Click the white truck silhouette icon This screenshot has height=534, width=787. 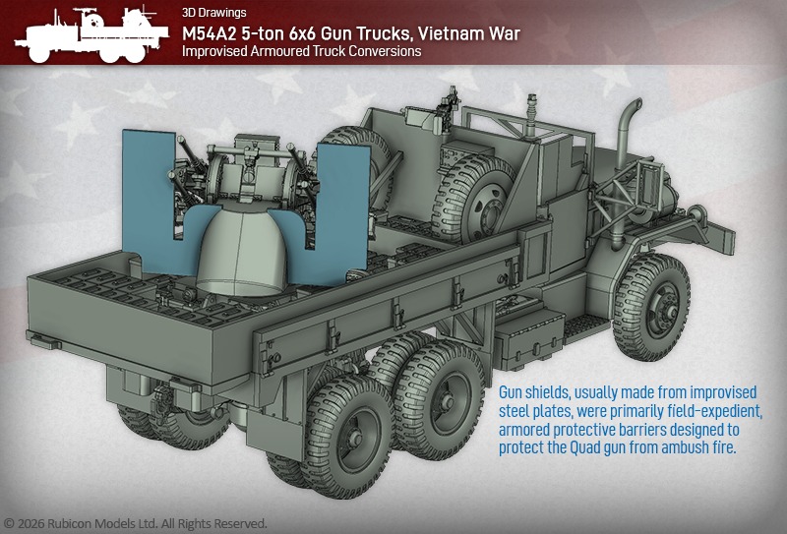(x=91, y=33)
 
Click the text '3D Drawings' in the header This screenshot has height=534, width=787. (x=214, y=13)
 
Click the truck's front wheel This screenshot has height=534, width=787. (x=651, y=306)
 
